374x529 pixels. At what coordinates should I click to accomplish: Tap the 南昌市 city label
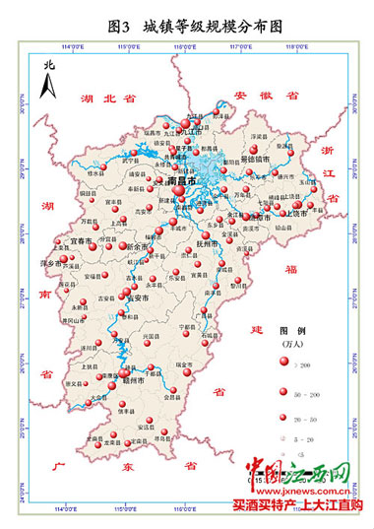tap(183, 183)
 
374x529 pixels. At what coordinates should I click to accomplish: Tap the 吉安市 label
tap(135, 298)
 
